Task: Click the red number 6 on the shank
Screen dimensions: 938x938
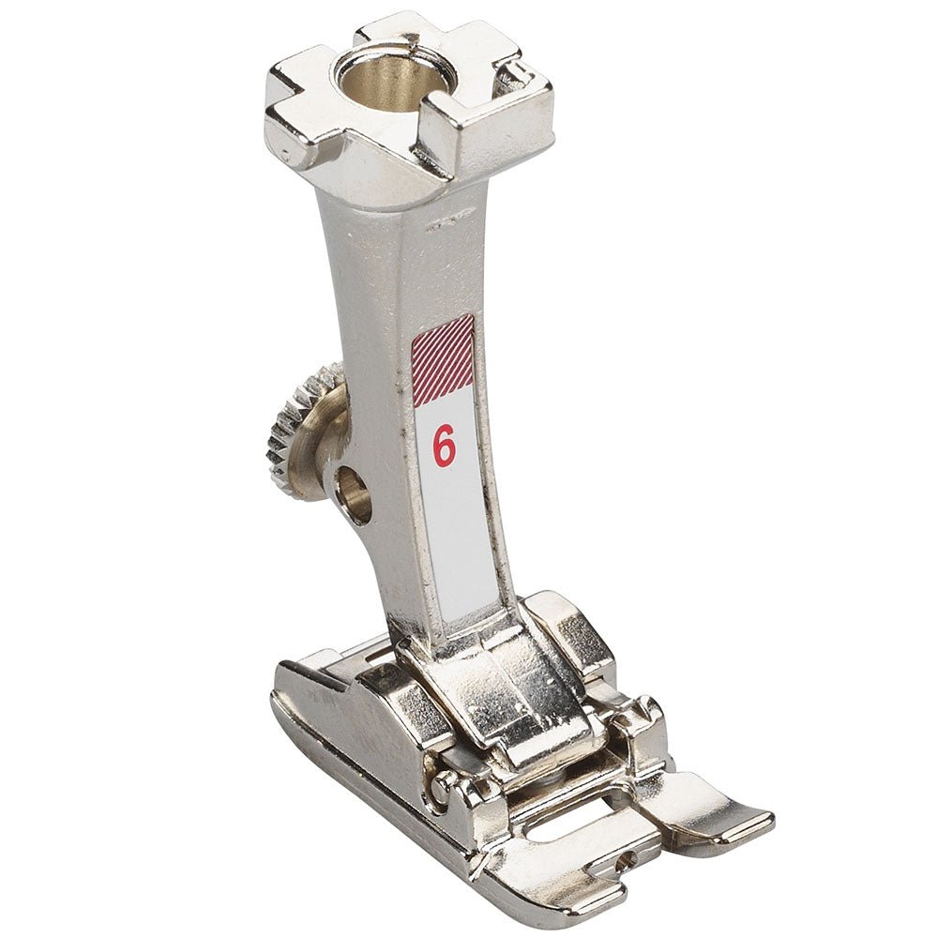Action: click(444, 447)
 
